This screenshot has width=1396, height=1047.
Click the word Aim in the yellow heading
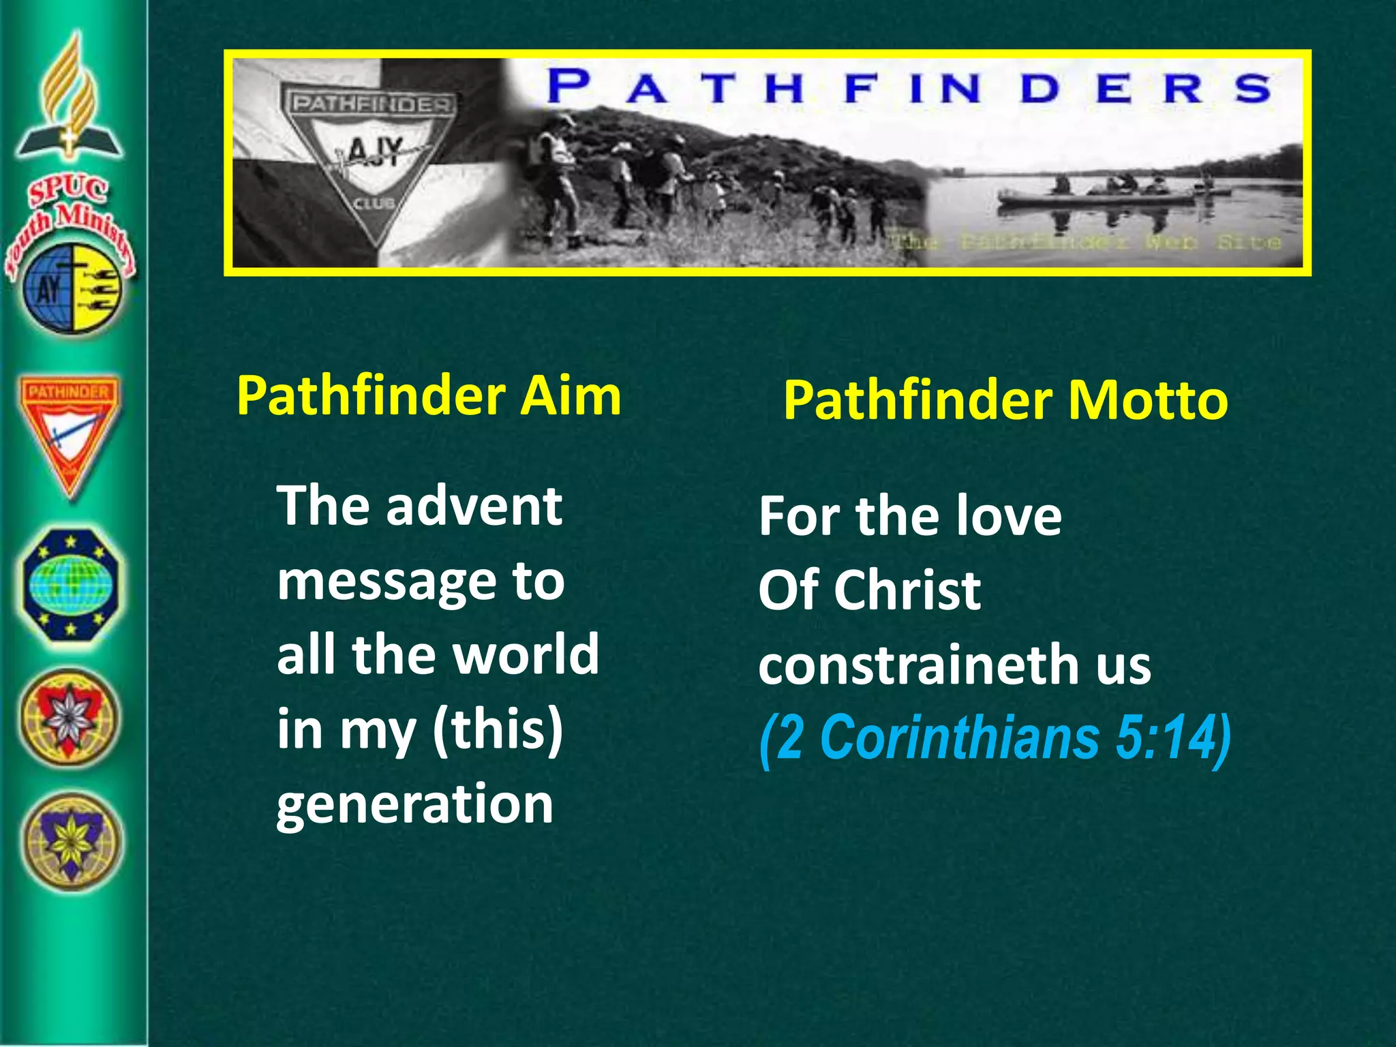pos(571,396)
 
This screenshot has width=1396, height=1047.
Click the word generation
pos(414,804)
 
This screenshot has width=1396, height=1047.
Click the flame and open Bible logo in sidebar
pos(70,99)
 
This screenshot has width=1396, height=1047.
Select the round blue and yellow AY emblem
pos(72,289)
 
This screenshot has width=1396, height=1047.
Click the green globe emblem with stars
pos(70,584)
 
